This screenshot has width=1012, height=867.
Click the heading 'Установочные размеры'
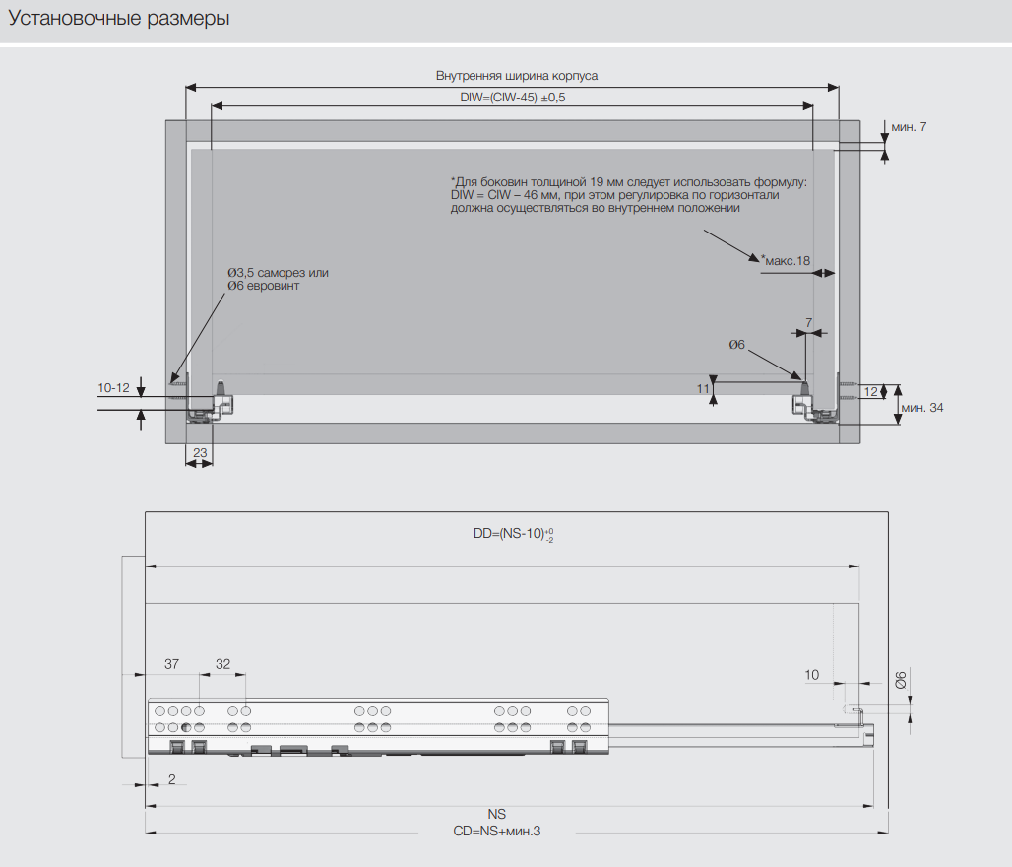(x=119, y=18)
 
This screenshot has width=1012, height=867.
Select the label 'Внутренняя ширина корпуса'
(x=517, y=75)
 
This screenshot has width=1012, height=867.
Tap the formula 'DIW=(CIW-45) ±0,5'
(x=513, y=98)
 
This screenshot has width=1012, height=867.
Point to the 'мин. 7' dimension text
(x=909, y=127)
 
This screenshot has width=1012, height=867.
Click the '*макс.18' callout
(x=785, y=260)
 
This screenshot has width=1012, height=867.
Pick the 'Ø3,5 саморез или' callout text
(x=278, y=272)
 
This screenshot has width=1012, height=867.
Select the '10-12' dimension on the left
(x=114, y=388)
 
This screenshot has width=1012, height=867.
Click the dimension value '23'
(x=200, y=453)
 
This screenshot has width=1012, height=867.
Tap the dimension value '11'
(x=703, y=389)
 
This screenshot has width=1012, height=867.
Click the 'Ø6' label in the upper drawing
(x=736, y=344)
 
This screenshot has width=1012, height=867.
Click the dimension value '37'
(x=172, y=664)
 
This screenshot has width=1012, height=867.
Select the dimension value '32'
(x=222, y=664)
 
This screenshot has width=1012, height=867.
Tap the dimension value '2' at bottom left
(x=171, y=779)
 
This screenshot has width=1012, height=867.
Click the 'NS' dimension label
(x=496, y=815)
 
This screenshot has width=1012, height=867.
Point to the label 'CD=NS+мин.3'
(x=497, y=832)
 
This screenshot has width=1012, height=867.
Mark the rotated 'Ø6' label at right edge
(x=900, y=679)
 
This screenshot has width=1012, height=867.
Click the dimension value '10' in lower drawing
(x=811, y=675)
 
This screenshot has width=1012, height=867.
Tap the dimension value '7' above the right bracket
(x=808, y=323)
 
